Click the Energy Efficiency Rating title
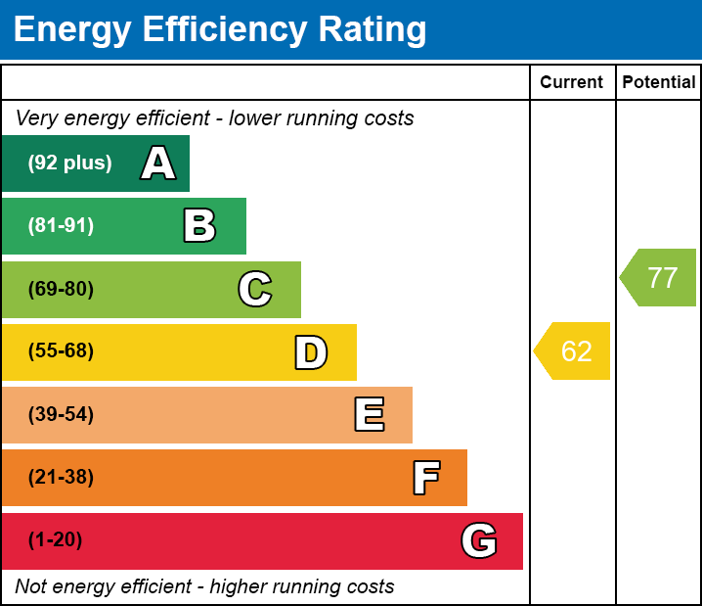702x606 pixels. click(220, 29)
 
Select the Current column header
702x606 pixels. click(572, 83)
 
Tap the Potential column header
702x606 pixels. click(659, 83)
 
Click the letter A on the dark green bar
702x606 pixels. click(158, 163)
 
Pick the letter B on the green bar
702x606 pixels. click(199, 226)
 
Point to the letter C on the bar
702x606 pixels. click(255, 290)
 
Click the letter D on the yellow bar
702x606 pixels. click(311, 352)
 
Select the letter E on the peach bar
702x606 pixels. click(369, 415)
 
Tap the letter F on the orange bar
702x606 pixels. click(425, 478)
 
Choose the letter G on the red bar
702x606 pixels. click(479, 540)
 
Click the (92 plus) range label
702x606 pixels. click(69, 163)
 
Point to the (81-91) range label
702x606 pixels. click(61, 226)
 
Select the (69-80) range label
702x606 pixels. click(61, 290)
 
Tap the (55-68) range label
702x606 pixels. click(61, 351)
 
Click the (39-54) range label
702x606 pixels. click(61, 415)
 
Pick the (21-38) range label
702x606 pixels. click(61, 478)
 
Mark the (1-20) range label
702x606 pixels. click(56, 540)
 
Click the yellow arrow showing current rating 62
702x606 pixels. click(574, 350)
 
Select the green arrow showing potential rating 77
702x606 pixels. click(660, 278)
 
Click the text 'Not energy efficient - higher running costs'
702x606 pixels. click(204, 587)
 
